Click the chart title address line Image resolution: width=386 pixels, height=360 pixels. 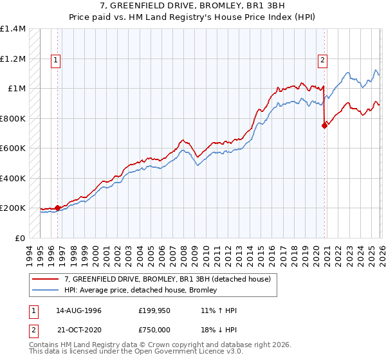tap(192, 6)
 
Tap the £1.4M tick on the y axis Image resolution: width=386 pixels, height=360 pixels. tap(13, 29)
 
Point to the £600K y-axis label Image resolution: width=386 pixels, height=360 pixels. tap(13, 148)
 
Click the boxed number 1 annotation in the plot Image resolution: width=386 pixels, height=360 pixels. tap(57, 60)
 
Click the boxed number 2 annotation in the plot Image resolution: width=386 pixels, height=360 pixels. tap(322, 60)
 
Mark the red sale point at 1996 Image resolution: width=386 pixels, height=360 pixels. tap(58, 208)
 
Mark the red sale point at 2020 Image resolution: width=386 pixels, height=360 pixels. tap(324, 126)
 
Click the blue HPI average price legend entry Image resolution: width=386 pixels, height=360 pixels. tap(140, 290)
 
